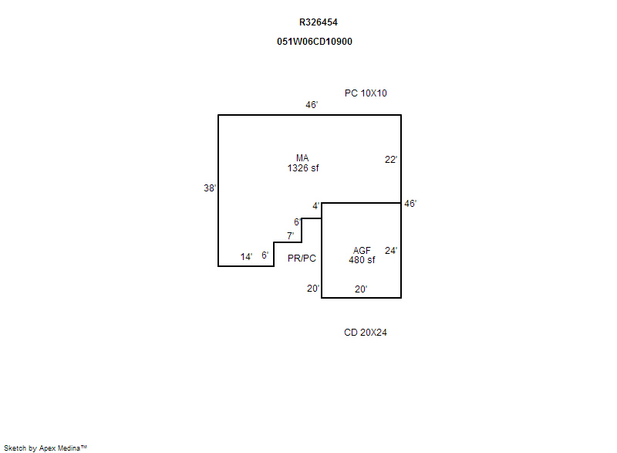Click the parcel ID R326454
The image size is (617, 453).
coord(319,22)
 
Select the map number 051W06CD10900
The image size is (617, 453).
coord(315,42)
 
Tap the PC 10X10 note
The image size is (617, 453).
coord(366,93)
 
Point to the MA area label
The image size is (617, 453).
coord(302,158)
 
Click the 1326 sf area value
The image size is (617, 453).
coord(303,168)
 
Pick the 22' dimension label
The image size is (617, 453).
coord(391,160)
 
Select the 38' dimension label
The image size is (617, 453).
coord(210,188)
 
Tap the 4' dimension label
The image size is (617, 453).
coord(316,206)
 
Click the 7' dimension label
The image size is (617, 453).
coord(291,235)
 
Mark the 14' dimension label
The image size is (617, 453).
coord(246,257)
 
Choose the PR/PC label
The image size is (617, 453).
coord(302,259)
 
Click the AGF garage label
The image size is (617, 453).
coord(362,251)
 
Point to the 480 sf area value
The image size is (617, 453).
coord(362,260)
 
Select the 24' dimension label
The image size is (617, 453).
coord(391,251)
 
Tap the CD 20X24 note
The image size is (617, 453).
coord(365,333)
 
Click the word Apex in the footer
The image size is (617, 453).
coord(48,448)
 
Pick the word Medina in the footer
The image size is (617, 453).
coord(69,448)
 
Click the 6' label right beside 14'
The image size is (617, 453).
coord(265,255)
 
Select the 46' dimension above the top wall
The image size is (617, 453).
coord(312,105)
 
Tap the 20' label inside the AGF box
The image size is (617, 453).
coord(361,289)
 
